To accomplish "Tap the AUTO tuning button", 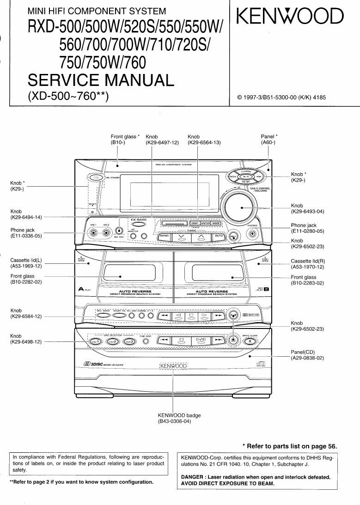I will pyautogui.click(x=219, y=236).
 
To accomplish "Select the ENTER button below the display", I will pyautogui.click(x=206, y=223).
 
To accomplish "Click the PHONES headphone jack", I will pyautogui.click(x=252, y=233).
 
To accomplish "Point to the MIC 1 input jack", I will pyautogui.click(x=94, y=233).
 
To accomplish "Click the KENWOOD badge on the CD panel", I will pyautogui.click(x=173, y=366).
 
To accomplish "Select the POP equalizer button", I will pyautogui.click(x=258, y=176).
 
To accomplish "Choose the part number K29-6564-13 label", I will pyautogui.click(x=204, y=143).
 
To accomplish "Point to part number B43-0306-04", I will pyautogui.click(x=174, y=422).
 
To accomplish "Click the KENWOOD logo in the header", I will pyautogui.click(x=290, y=18).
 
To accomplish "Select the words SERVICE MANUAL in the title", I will pyautogui.click(x=101, y=80).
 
